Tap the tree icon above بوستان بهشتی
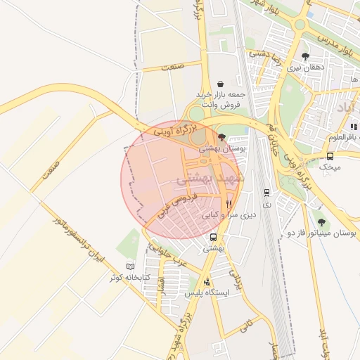tap(222, 137)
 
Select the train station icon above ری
tap(266, 192)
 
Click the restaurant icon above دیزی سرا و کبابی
tap(228, 204)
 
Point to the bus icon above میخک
tap(330, 156)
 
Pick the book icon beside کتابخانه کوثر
tap(129, 266)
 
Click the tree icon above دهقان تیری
tap(304, 56)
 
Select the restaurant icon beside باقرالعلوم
tap(354, 127)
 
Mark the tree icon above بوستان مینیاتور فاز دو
tap(322, 222)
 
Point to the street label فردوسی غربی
tap(172, 212)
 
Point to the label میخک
tap(329, 167)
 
